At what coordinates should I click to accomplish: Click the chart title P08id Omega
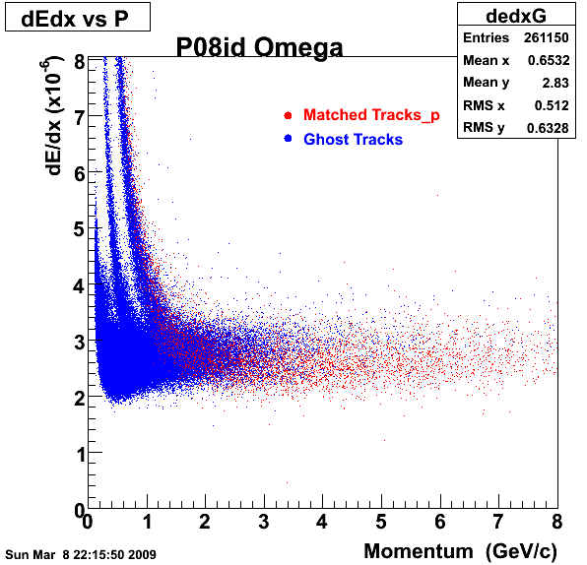tap(259, 47)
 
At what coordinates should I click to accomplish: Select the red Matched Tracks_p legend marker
tap(288, 115)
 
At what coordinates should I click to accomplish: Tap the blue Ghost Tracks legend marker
tap(288, 139)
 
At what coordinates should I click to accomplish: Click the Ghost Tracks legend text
tap(353, 139)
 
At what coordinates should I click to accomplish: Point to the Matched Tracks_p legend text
tap(371, 115)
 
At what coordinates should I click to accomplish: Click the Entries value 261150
tap(547, 37)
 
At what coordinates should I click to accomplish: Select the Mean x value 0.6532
tap(549, 60)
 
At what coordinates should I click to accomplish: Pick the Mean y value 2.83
tap(555, 83)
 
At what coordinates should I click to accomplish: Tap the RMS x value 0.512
tap(552, 105)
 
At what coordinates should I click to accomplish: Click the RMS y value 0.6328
tap(548, 128)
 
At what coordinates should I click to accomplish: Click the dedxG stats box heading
tap(516, 16)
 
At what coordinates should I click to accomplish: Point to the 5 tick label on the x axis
tap(381, 522)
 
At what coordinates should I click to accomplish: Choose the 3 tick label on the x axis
tap(264, 522)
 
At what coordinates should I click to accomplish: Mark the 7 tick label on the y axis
tap(80, 117)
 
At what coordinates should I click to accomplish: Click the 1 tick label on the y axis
tap(80, 455)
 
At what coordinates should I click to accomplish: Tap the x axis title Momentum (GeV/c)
tap(461, 551)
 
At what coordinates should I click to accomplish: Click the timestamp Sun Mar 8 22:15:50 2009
tap(81, 554)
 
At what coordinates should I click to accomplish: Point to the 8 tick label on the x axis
tap(557, 522)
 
